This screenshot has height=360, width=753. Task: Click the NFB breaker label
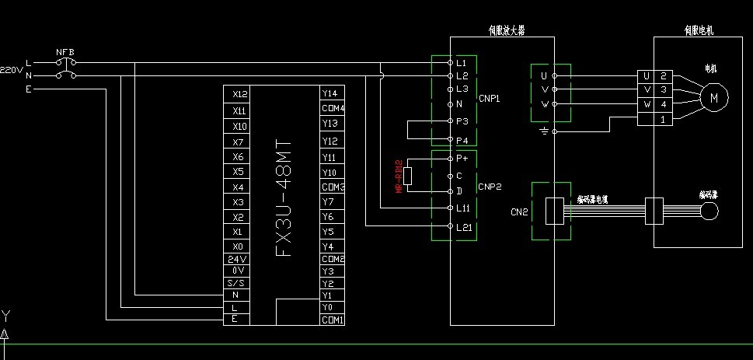64,52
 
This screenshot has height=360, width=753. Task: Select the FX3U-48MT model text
284,200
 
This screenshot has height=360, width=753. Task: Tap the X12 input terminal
239,93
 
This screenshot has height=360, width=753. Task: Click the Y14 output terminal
329,93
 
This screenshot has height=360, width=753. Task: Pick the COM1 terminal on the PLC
333,320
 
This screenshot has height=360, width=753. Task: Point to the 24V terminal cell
237,259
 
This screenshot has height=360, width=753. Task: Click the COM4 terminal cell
333,108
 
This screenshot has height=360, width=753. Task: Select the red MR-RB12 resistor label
398,177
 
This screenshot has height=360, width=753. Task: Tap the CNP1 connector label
489,100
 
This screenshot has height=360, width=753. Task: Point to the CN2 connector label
520,210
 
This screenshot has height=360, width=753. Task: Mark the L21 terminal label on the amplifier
463,226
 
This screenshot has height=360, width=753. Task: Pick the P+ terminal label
461,158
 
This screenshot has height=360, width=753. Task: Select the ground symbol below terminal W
544,131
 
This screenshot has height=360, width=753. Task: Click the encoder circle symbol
709,211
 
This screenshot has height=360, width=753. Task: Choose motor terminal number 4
663,103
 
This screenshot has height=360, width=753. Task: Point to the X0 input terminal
239,246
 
